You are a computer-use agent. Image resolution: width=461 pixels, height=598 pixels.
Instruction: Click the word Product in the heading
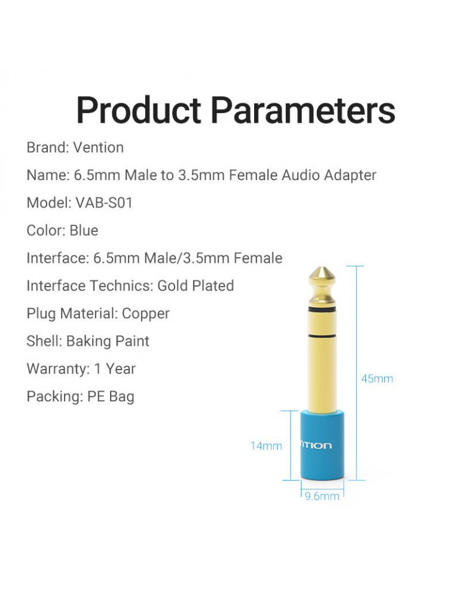tap(139, 110)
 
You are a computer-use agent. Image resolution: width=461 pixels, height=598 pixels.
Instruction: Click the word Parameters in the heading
tap(303, 110)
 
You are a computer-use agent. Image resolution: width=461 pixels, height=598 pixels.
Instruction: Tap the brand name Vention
tap(99, 148)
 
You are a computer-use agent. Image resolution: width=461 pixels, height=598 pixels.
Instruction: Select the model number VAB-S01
tap(104, 203)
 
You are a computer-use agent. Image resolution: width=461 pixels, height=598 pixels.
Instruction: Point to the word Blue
tap(84, 230)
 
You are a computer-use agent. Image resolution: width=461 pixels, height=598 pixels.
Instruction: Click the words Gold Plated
tap(196, 286)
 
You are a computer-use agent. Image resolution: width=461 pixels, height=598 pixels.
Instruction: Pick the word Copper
tap(146, 314)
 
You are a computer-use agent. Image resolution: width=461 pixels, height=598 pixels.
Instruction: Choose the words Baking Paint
tap(108, 341)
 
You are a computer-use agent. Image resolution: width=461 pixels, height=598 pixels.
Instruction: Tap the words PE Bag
tap(111, 396)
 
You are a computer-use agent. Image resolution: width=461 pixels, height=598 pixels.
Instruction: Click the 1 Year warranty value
tap(115, 369)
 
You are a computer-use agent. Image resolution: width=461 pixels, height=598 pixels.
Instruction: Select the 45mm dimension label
tap(377, 379)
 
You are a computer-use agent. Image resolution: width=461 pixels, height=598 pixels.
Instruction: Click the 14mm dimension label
tap(266, 446)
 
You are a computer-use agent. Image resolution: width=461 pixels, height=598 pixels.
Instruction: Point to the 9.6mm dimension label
tap(322, 496)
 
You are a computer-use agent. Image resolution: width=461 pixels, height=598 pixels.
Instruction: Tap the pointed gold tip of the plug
tap(322, 268)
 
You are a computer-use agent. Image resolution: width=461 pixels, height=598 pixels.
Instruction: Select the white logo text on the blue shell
tap(316, 446)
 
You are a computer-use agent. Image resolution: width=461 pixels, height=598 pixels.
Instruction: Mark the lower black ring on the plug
tap(322, 335)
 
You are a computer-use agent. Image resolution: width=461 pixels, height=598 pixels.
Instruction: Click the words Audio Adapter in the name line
tap(329, 175)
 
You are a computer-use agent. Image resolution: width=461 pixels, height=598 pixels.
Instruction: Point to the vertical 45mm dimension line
tap(357, 373)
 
